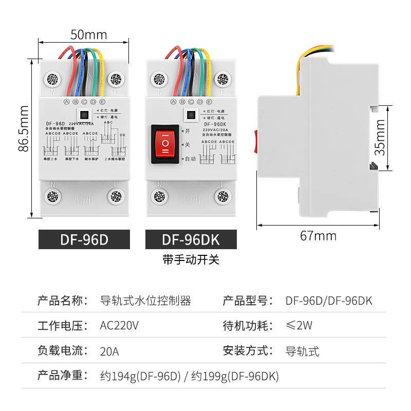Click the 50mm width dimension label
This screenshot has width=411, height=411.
pyautogui.click(x=88, y=35)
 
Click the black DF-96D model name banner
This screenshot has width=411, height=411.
pyautogui.click(x=85, y=240)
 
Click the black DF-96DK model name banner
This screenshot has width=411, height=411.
pyautogui.click(x=191, y=240)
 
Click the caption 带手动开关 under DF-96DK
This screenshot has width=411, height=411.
pyautogui.click(x=191, y=259)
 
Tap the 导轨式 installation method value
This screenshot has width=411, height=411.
pyautogui.click(x=302, y=352)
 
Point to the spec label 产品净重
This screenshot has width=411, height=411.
pyautogui.click(x=60, y=377)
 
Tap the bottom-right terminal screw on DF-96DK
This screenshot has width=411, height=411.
pyautogui.click(x=222, y=196)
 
